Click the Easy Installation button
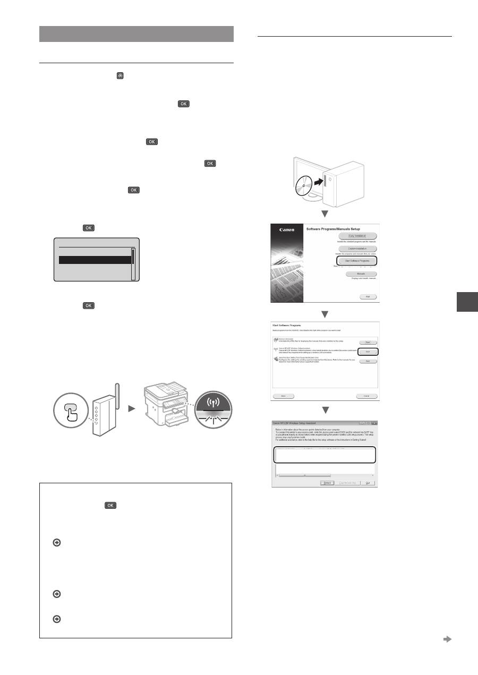click(357, 235)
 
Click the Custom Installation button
click(357, 248)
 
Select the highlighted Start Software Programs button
click(356, 261)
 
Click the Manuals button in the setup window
click(357, 274)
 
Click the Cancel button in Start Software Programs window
click(366, 396)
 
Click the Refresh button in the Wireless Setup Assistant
click(327, 482)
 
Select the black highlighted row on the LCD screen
click(95, 260)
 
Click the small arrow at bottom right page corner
click(447, 639)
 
